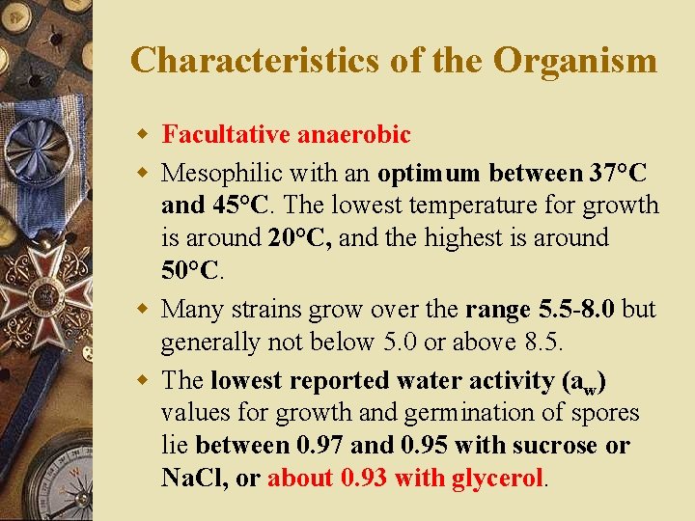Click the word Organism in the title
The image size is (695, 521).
[575, 61]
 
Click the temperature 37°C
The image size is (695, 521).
[619, 174]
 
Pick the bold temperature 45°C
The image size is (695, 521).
[237, 206]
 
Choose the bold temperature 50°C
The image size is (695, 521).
[190, 269]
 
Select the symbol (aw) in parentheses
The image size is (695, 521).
[583, 382]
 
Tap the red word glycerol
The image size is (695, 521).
[498, 478]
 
